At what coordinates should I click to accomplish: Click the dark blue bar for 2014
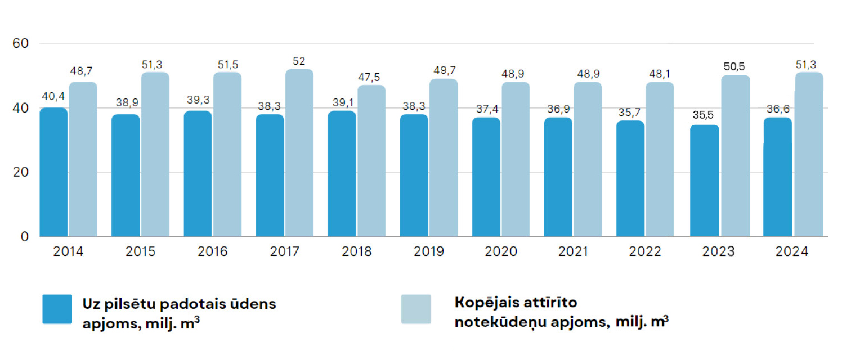(53, 172)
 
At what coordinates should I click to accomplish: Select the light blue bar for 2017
(299, 153)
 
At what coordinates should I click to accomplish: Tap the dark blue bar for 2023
(705, 181)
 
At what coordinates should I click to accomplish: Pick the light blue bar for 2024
(809, 155)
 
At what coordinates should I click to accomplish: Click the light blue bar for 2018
(371, 161)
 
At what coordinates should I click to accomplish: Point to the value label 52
(299, 61)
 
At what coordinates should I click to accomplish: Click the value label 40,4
(52, 97)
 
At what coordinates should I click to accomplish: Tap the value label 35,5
(704, 115)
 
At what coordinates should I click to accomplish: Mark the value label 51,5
(227, 64)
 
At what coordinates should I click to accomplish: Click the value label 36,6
(777, 107)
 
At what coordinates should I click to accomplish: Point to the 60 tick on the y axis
(21, 43)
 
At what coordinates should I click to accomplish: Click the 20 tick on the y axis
(21, 172)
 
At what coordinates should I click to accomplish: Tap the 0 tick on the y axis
(24, 237)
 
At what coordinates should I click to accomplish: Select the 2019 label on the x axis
(429, 251)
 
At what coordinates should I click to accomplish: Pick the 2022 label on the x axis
(646, 251)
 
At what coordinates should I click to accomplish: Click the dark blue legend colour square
(57, 309)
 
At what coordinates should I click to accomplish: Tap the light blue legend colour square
(416, 309)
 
